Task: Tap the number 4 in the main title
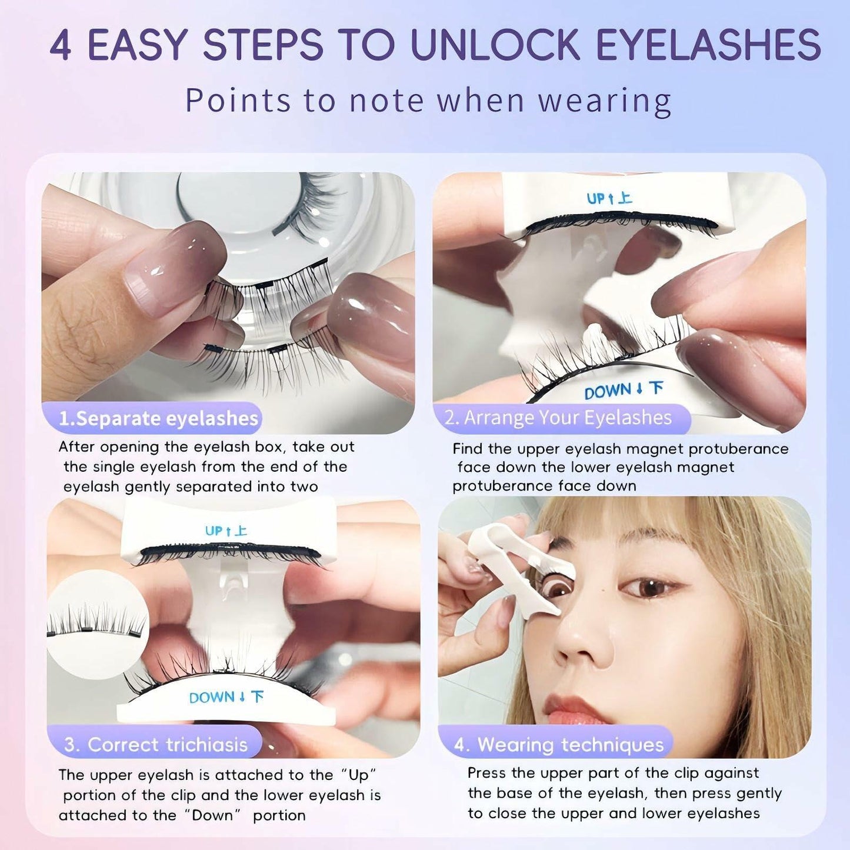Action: tap(61, 45)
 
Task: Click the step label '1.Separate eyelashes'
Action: tap(158, 418)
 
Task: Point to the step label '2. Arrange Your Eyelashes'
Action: tap(558, 418)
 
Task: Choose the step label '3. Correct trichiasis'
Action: tap(156, 745)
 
